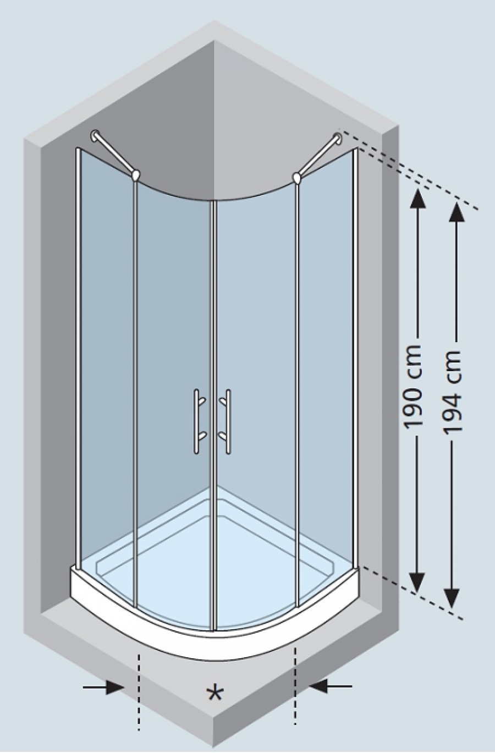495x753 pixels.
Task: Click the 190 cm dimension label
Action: pos(413,387)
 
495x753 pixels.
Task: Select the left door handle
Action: pos(199,421)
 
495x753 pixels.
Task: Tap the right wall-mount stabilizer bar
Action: pos(317,158)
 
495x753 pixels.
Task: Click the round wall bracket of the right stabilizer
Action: pos(337,138)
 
